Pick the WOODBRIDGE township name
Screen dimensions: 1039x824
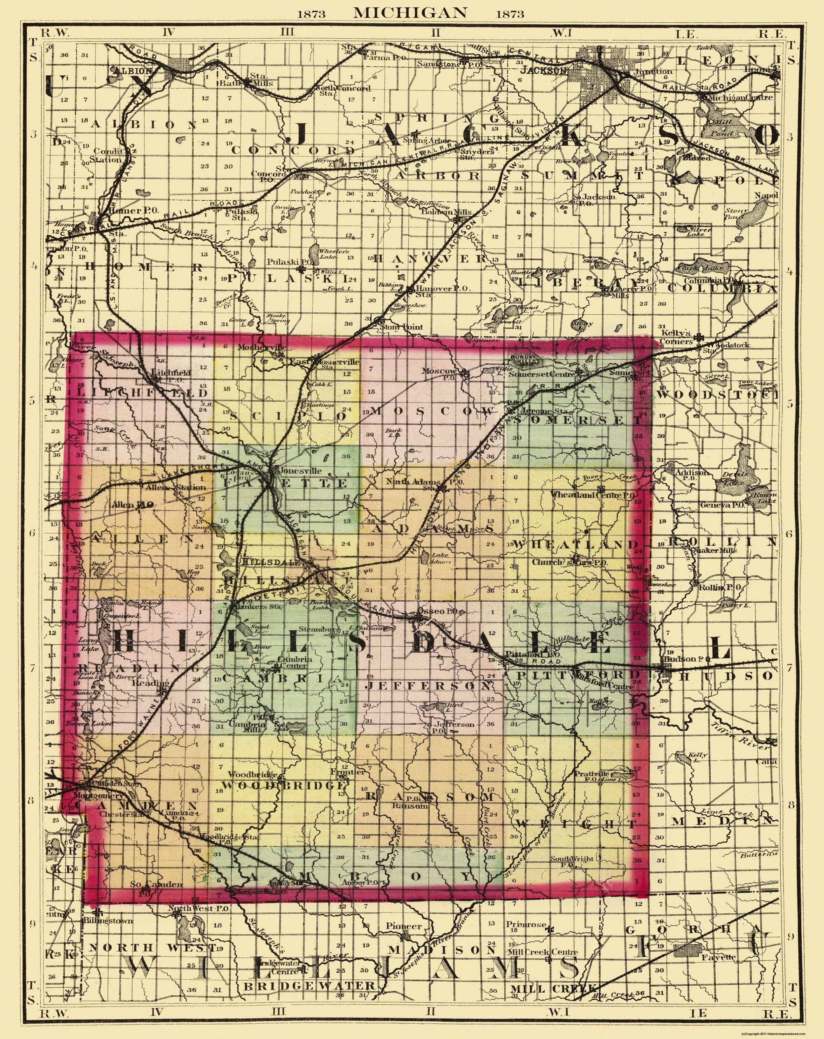[284, 785]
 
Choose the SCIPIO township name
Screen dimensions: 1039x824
[288, 415]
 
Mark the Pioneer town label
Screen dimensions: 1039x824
[404, 926]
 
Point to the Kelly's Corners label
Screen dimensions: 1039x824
[677, 337]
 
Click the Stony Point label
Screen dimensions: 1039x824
[401, 327]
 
